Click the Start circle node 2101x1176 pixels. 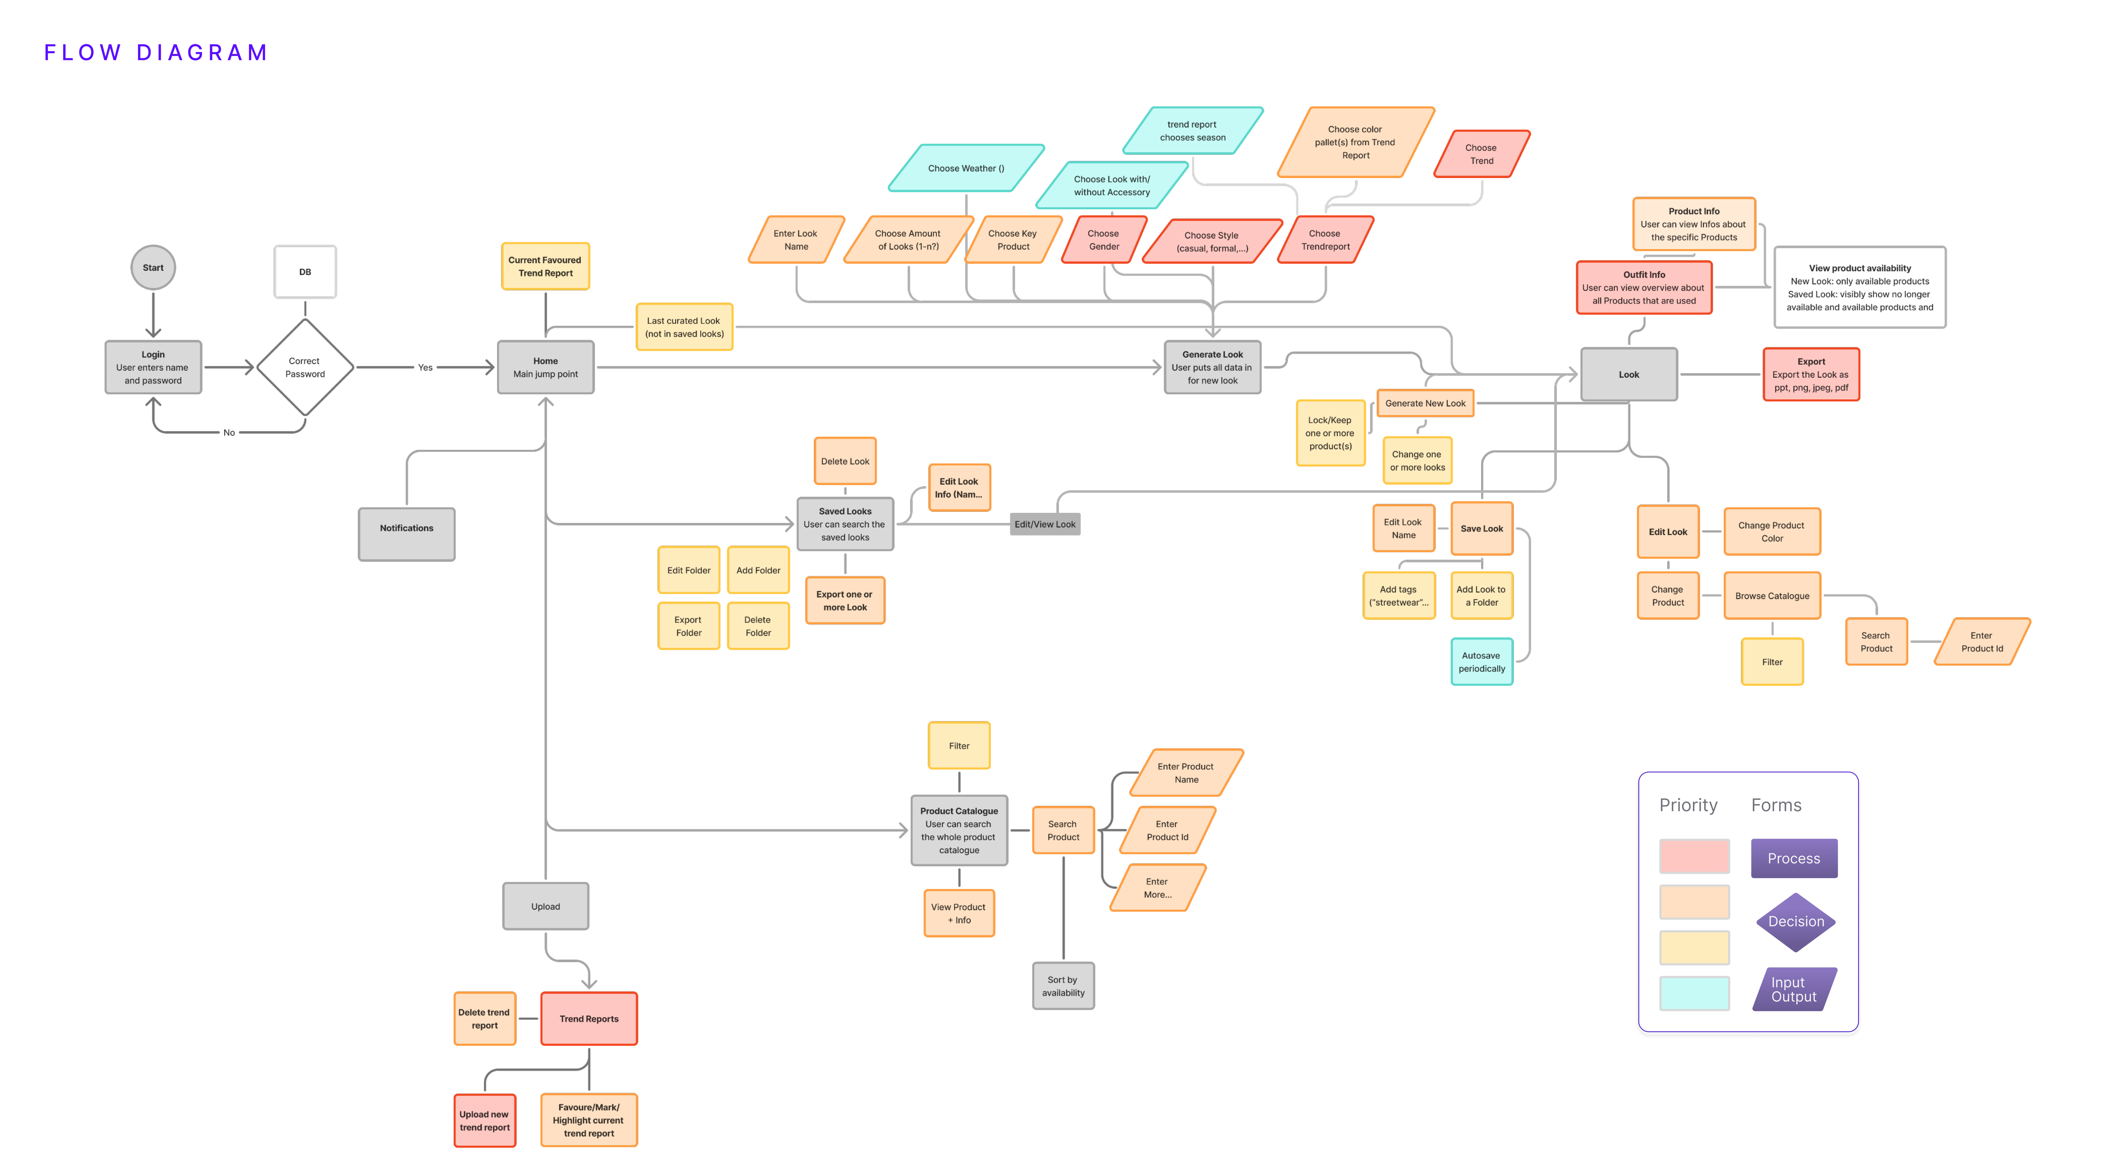tap(153, 267)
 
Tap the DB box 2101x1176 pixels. tap(305, 272)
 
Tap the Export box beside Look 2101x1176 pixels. tap(1812, 374)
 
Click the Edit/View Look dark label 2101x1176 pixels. tap(1045, 524)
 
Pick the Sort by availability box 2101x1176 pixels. tap(1064, 986)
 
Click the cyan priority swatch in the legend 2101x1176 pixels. tap(1694, 993)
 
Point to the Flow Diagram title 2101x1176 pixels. tap(156, 53)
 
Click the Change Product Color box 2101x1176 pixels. tap(1772, 532)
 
